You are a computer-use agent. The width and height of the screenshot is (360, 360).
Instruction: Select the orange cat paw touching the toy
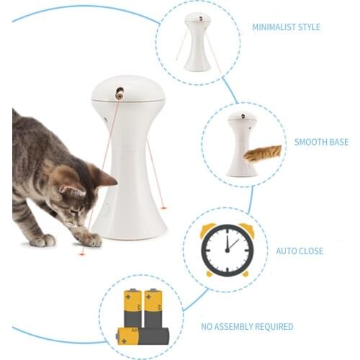263,153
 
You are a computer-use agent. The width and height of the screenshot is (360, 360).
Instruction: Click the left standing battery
134,309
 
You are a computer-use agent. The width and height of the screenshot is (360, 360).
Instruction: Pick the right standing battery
153,308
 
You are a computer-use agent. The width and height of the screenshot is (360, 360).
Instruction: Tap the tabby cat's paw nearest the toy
90,238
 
